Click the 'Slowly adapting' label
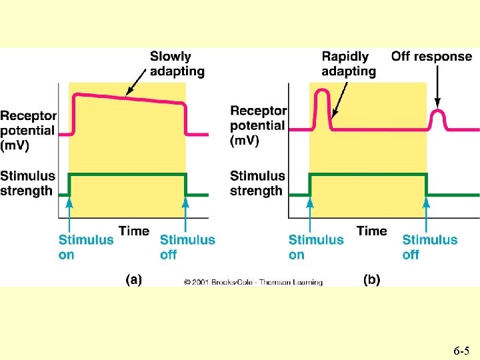(177, 63)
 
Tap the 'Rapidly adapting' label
(348, 63)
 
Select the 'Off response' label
(431, 56)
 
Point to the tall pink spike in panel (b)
(323, 100)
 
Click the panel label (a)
(133, 281)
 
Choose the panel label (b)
(371, 281)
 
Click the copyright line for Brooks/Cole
(253, 283)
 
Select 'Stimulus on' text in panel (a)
(86, 247)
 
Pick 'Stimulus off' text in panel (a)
(187, 247)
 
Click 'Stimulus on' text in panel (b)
(316, 247)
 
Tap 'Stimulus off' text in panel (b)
(430, 247)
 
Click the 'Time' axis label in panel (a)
(134, 231)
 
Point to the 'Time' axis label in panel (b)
(371, 231)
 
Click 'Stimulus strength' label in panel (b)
(257, 183)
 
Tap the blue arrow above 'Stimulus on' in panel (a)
(70, 215)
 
